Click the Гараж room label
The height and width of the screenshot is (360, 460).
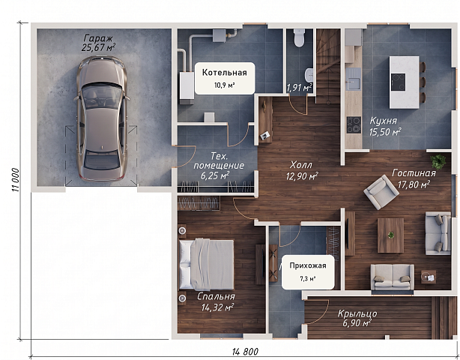98,38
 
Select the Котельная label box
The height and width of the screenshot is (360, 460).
225,78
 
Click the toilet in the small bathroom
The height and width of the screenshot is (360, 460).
299,38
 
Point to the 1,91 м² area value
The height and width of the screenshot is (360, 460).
299,88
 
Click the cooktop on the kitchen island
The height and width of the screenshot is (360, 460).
399,82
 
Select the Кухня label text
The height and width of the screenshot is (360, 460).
384,121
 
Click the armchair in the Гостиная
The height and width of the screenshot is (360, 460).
381,192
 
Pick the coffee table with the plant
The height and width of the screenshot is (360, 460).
390,235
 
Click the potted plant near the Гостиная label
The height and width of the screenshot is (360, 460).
438,161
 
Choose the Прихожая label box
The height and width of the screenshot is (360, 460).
308,272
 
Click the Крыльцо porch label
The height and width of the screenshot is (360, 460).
357,313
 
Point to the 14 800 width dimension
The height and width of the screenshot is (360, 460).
245,351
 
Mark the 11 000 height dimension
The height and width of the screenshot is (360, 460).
16,180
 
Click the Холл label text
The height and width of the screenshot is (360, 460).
300,164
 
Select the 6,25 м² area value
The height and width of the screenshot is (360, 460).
215,176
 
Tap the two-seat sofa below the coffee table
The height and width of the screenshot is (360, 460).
393,277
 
